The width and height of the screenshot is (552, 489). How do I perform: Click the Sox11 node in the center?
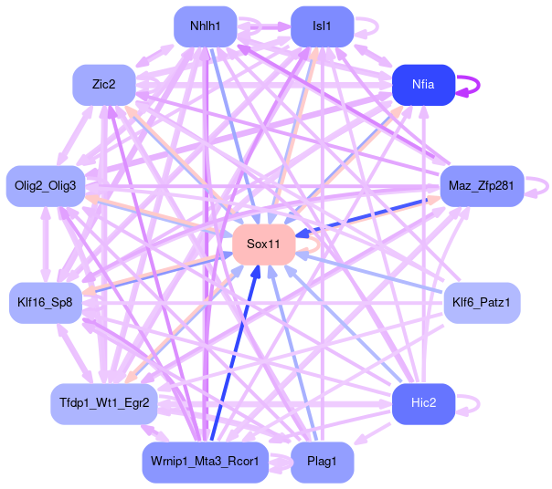point(262,244)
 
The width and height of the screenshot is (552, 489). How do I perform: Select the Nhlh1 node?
point(205,26)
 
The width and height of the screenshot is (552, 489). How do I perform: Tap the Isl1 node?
point(322,26)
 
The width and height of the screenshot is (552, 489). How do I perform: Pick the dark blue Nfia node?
point(423,84)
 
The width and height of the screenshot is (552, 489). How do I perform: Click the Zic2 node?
point(103,84)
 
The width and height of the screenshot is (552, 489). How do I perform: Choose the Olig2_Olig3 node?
point(46,186)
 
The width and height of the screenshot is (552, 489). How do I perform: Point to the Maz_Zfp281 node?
point(481,186)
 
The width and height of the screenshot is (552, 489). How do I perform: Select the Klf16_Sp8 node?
point(46,300)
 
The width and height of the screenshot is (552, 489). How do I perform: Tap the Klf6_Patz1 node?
point(481,300)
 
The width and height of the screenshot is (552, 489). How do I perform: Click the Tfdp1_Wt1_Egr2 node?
point(103,402)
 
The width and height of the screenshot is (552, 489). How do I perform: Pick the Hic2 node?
point(423,402)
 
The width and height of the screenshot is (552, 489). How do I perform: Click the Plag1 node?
point(322,462)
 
